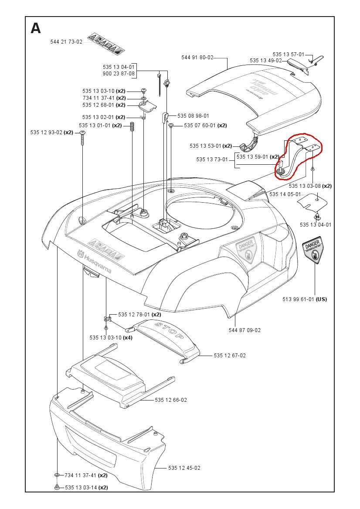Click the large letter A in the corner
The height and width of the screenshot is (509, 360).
(36, 28)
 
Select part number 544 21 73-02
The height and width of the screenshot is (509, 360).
(66, 42)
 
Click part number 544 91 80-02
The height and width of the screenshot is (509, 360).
(197, 58)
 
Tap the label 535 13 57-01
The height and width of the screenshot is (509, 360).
(289, 54)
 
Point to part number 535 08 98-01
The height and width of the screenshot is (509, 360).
(193, 116)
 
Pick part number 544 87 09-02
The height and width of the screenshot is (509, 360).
(245, 330)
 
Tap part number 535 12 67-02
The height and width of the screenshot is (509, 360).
(230, 356)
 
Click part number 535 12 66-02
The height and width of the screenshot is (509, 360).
(171, 400)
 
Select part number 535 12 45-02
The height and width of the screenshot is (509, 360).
(184, 468)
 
